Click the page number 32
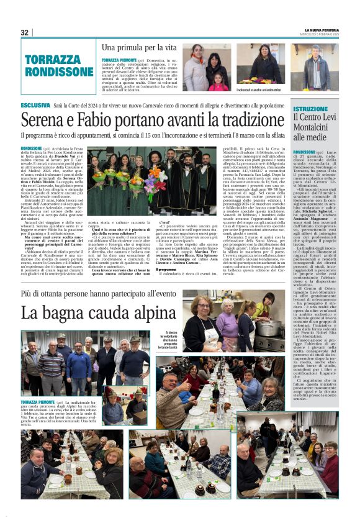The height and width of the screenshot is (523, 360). tap(24, 32)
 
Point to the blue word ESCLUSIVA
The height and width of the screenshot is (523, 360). tap(35, 106)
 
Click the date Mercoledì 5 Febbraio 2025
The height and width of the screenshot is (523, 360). tap(322, 35)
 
